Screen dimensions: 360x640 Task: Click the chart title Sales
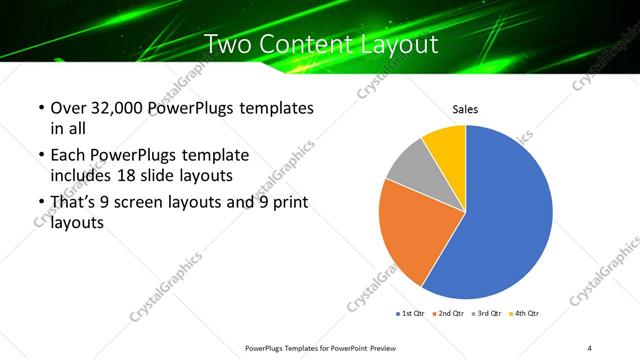click(x=466, y=109)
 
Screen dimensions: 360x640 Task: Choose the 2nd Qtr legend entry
click(x=449, y=313)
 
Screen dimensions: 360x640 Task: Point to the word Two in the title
click(x=226, y=44)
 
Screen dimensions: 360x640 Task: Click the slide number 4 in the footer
click(x=590, y=347)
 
